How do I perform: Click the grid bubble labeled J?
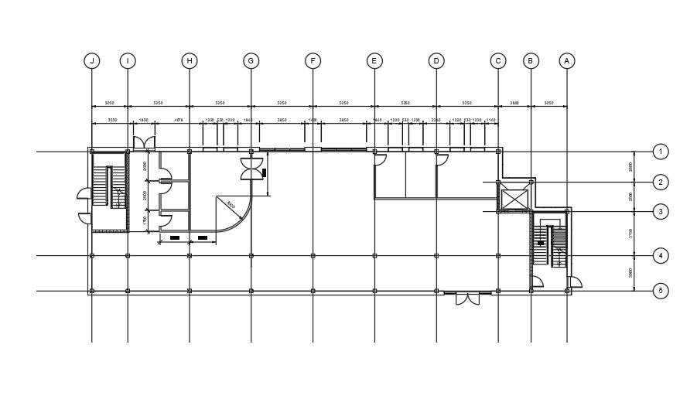click(x=92, y=60)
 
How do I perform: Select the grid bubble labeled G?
click(x=251, y=60)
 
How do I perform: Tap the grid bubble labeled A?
click(x=567, y=60)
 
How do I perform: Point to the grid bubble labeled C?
click(x=497, y=60)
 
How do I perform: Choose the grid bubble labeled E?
click(x=374, y=60)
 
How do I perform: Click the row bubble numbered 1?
click(x=660, y=152)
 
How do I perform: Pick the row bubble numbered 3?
click(x=660, y=211)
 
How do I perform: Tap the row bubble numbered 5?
click(x=660, y=292)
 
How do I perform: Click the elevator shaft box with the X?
click(x=514, y=197)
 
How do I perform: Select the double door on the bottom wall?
click(x=467, y=298)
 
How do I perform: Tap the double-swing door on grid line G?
click(x=252, y=169)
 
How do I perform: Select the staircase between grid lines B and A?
click(x=552, y=245)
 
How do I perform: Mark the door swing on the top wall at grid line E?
click(x=381, y=159)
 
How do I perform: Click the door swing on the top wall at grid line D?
click(x=442, y=159)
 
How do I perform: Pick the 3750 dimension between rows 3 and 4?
click(x=630, y=234)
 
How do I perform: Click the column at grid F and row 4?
click(x=313, y=255)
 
